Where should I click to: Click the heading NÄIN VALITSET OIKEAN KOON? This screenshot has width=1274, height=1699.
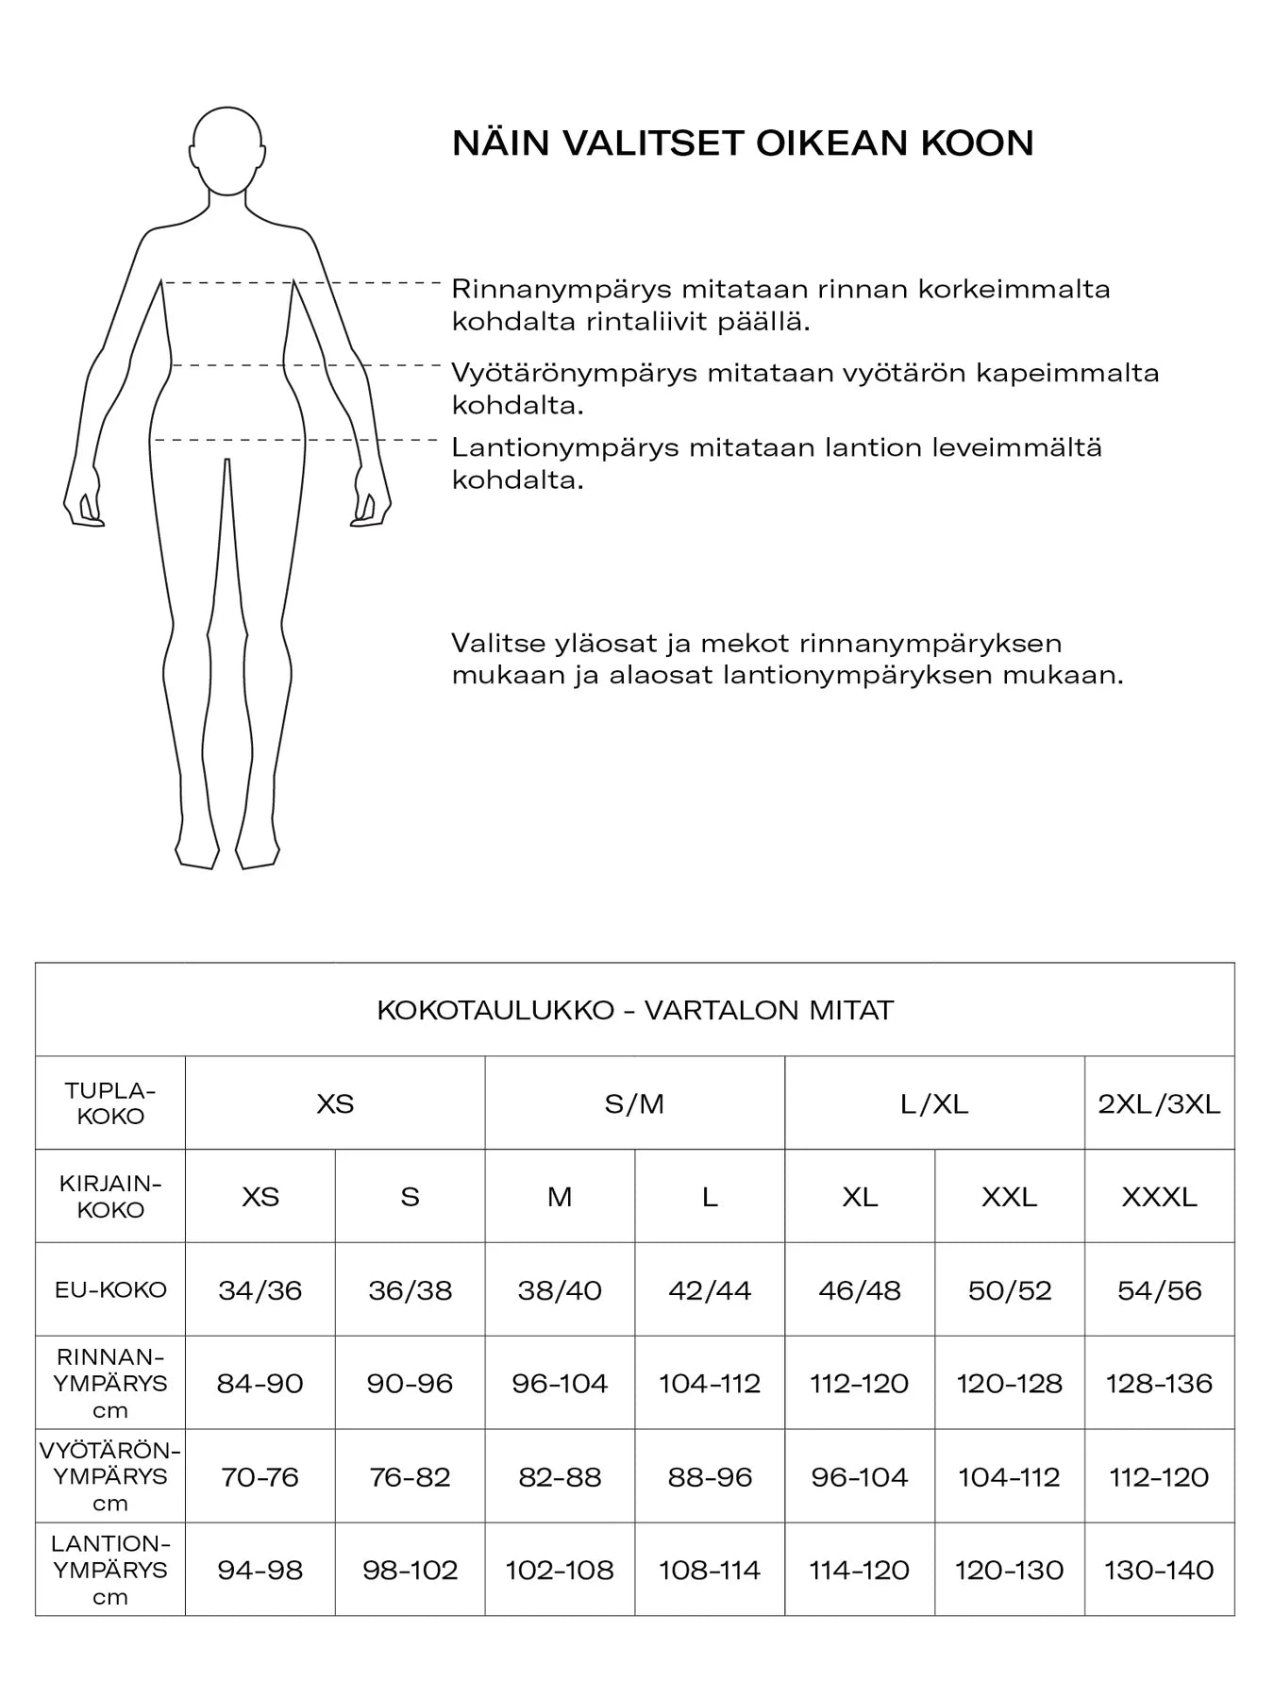click(x=743, y=143)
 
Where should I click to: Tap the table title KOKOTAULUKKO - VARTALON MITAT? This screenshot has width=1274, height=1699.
click(x=634, y=1010)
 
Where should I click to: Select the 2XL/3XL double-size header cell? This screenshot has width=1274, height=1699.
click(x=1159, y=1103)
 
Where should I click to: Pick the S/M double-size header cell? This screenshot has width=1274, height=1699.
click(x=634, y=1103)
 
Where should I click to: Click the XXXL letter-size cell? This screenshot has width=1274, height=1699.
click(x=1159, y=1197)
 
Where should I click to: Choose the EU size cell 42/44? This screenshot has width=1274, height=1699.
click(x=710, y=1290)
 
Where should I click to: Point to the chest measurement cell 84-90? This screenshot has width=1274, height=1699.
click(x=260, y=1384)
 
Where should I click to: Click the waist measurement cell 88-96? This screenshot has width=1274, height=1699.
click(x=710, y=1477)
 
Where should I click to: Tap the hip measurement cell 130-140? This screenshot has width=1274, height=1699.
click(x=1159, y=1571)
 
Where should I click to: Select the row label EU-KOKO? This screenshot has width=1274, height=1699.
click(x=110, y=1290)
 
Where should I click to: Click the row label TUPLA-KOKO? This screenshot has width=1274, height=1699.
click(x=110, y=1103)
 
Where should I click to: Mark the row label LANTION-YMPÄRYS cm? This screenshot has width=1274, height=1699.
click(x=110, y=1571)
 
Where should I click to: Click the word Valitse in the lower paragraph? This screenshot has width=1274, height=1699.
click(x=497, y=644)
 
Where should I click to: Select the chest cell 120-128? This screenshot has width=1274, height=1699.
click(x=1009, y=1384)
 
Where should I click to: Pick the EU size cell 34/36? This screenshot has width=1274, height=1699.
click(x=260, y=1290)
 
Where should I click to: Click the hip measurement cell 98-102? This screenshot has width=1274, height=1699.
click(x=410, y=1571)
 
